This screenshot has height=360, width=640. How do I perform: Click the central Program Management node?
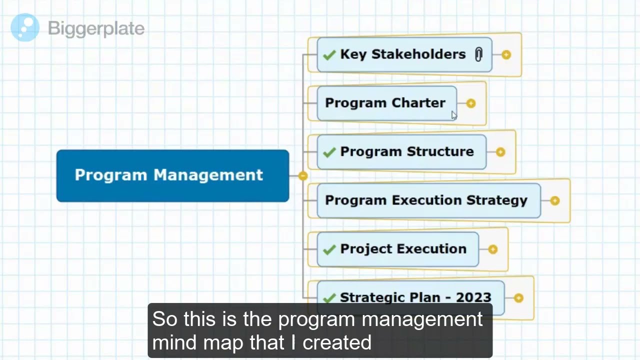172,175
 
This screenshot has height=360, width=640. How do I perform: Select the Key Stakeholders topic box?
403,54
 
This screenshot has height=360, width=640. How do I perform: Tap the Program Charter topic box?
385,103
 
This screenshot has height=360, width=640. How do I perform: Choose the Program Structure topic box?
406,151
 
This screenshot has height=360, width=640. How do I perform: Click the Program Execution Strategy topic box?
426,200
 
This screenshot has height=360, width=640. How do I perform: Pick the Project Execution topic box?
403,249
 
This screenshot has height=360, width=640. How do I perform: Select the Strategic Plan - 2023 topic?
415,297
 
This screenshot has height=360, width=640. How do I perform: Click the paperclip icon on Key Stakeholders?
478,54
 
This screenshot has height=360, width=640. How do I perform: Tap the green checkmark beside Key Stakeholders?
329,55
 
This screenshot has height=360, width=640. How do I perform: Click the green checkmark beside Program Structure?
329,152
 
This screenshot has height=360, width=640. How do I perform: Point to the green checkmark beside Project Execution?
329,249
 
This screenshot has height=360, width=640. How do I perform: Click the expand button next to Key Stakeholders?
506,54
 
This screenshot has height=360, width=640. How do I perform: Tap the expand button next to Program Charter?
470,103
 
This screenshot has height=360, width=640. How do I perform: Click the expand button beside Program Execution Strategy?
554,200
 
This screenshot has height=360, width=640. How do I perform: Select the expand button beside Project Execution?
492,249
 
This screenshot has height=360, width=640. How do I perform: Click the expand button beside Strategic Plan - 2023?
518,298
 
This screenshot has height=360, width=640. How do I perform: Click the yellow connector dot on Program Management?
303,175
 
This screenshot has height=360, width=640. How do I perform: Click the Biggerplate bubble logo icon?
25,27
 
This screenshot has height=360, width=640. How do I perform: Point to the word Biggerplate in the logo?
96,28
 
